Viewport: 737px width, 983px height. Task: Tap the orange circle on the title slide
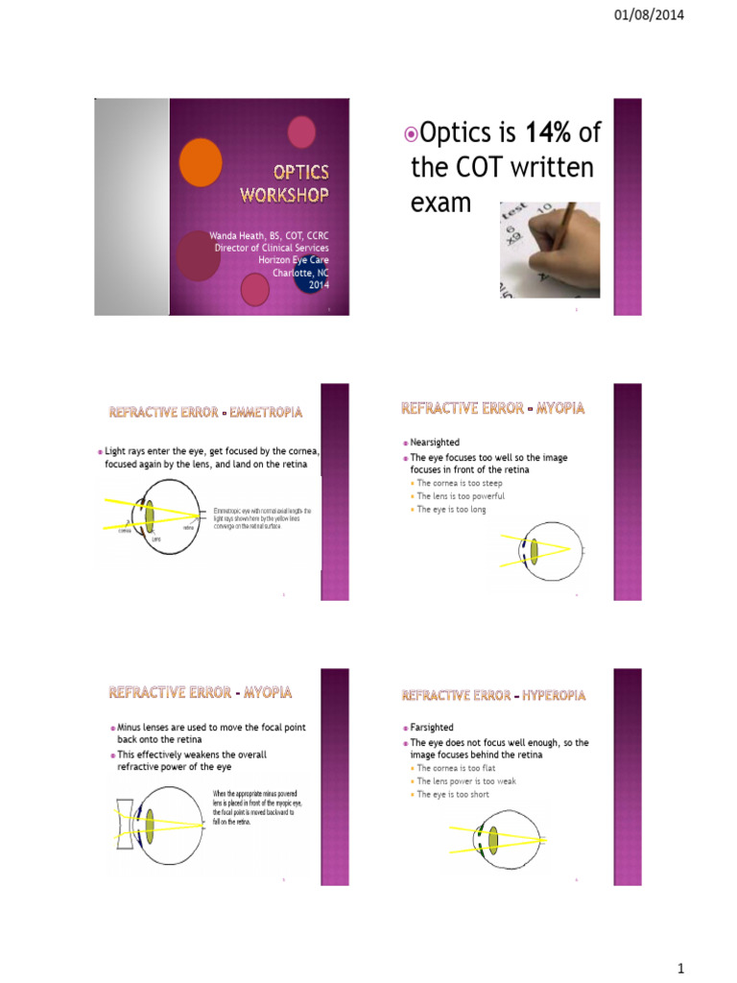point(201,162)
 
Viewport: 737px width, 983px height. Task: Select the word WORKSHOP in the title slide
point(283,195)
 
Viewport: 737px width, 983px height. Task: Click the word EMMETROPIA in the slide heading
point(263,412)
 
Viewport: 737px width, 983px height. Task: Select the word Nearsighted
point(434,443)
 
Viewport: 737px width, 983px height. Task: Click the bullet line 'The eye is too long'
point(452,510)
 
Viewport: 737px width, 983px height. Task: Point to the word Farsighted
point(431,728)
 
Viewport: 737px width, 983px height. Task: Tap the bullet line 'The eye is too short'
point(453,794)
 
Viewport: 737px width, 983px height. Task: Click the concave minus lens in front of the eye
point(124,825)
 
